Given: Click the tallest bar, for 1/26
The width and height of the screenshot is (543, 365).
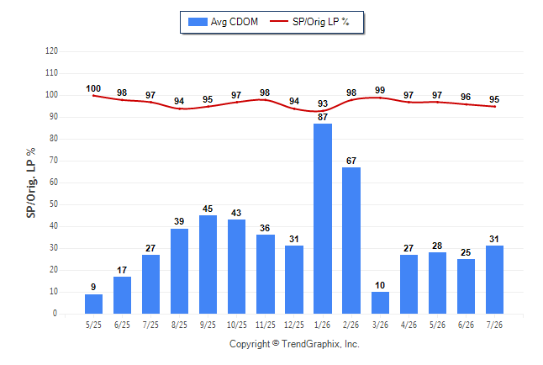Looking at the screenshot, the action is [x=323, y=219].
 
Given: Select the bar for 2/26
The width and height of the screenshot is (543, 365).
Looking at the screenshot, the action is [x=351, y=241].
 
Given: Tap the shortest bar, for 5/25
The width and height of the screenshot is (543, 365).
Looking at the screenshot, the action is [x=93, y=304].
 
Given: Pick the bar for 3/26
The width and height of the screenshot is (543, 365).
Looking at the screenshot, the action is [x=380, y=303].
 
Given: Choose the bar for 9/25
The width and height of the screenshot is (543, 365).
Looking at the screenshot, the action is [x=208, y=264].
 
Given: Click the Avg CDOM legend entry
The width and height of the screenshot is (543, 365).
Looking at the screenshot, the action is [x=223, y=22].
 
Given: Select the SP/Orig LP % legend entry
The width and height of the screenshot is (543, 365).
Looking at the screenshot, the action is [x=309, y=22].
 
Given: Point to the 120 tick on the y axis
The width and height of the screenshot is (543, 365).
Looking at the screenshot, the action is [x=51, y=51].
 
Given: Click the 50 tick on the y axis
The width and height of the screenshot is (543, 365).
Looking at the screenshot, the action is [x=54, y=204].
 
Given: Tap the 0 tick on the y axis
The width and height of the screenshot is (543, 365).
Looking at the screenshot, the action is [x=55, y=314].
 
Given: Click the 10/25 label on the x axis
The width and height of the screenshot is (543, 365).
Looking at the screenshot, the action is [x=237, y=325].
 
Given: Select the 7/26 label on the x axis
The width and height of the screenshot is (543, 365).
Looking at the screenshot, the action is [x=494, y=325].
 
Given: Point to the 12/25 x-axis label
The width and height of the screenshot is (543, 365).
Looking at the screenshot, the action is [x=294, y=325].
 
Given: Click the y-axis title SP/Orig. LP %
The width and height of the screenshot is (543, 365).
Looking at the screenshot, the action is [x=31, y=182].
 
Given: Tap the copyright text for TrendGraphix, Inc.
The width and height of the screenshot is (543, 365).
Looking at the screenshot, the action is [x=294, y=344].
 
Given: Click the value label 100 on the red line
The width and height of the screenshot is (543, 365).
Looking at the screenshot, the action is [x=93, y=89].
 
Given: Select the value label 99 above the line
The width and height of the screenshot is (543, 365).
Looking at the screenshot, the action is [x=380, y=90].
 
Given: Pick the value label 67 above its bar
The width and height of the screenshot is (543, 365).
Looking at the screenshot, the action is [x=351, y=161].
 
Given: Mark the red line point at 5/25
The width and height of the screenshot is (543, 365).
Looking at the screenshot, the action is [x=93, y=96].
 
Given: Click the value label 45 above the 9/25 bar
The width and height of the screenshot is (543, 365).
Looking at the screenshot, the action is [x=208, y=209].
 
